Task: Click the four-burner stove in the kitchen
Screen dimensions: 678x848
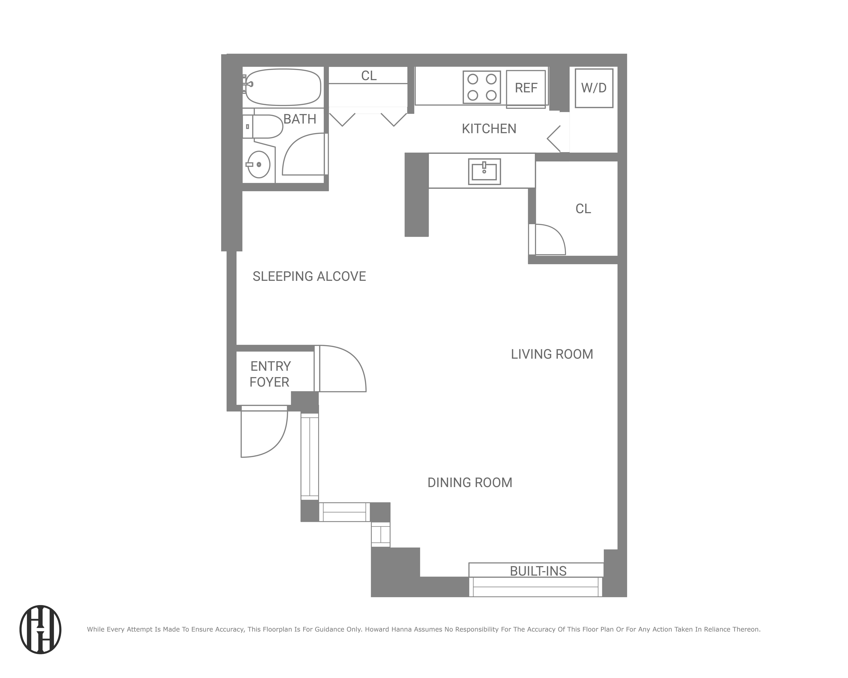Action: coord(481,87)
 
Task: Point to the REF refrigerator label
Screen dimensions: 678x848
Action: coord(526,88)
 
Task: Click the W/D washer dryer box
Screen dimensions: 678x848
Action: coord(593,88)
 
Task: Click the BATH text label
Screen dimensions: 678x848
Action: coord(300,119)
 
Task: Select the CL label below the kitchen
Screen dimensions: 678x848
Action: coord(583,209)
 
